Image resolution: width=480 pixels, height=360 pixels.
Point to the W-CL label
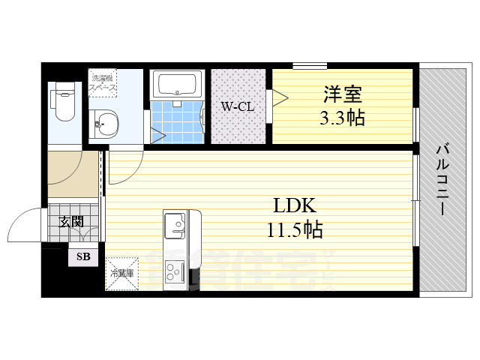click(x=237, y=107)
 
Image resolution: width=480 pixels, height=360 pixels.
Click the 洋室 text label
click(x=343, y=95)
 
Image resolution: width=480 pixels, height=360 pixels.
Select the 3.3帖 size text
click(x=343, y=118)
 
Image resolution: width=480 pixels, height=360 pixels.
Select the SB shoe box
click(x=82, y=257)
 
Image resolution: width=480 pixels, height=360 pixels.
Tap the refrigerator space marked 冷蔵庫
click(x=121, y=274)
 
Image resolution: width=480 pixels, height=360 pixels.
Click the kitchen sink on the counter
click(x=175, y=224)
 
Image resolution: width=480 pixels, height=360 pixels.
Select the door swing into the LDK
click(x=124, y=166)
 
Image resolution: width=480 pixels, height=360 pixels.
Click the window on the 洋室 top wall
click(x=309, y=66)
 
